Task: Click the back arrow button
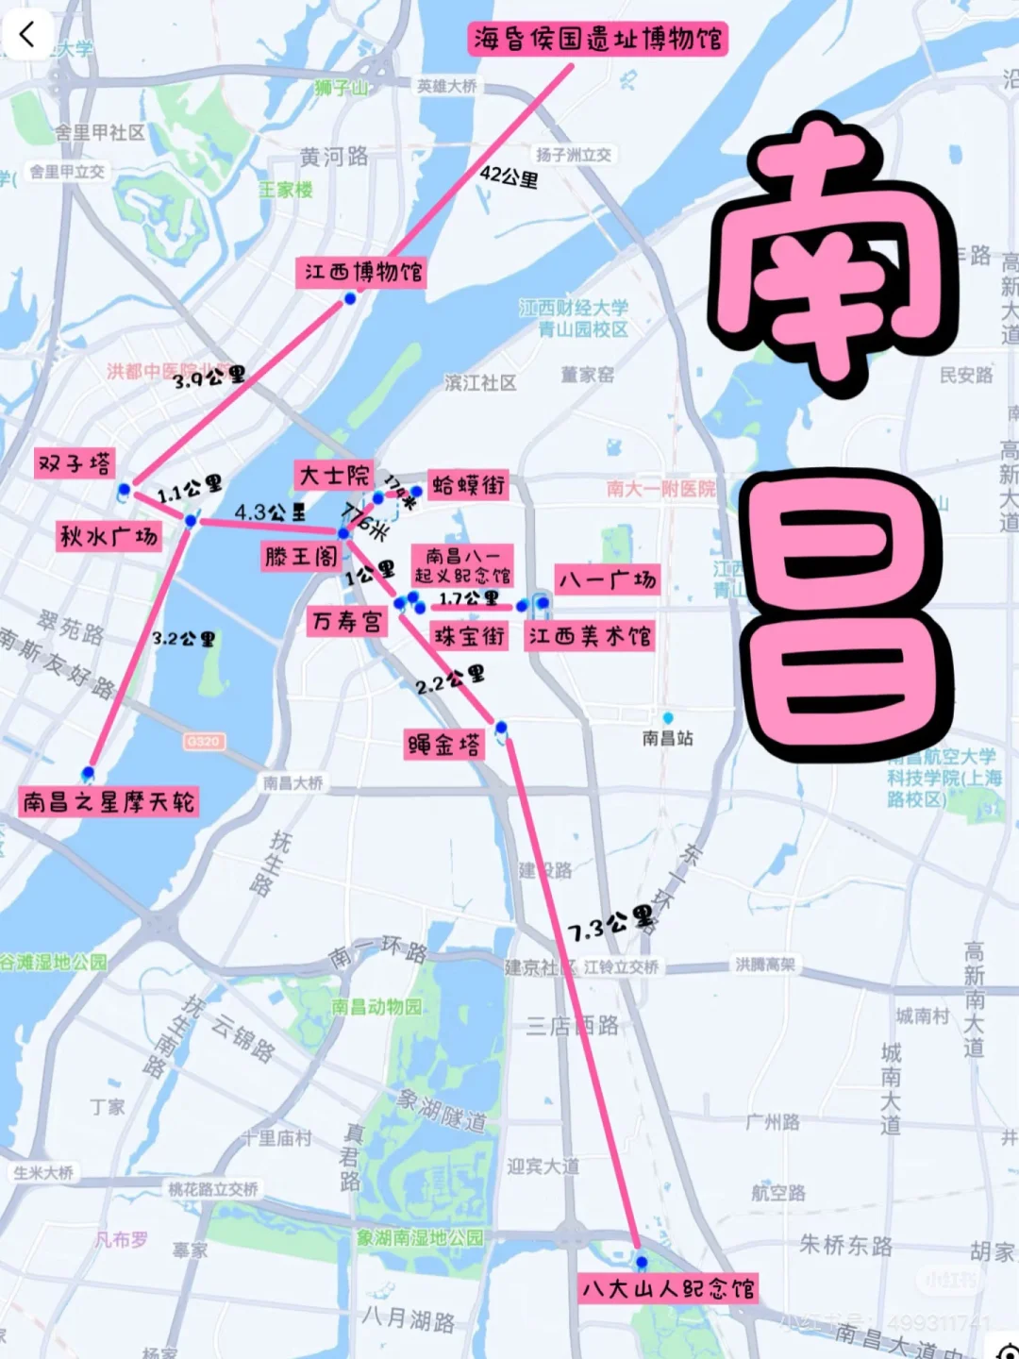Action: (x=26, y=35)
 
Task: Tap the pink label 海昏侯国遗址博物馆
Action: (x=598, y=40)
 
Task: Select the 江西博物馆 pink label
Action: (x=362, y=273)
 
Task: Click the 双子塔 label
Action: (x=74, y=464)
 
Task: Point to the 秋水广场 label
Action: (x=109, y=537)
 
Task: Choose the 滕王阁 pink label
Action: (x=301, y=557)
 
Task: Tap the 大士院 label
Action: (x=334, y=475)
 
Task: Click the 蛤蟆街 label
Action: (x=469, y=486)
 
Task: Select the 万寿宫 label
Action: (x=347, y=621)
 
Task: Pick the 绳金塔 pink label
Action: (x=444, y=745)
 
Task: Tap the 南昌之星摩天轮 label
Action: (x=109, y=803)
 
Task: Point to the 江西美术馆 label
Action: (x=590, y=636)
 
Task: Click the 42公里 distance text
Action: (x=509, y=176)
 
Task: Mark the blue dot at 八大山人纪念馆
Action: (x=642, y=1262)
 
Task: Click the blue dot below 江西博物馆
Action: (x=350, y=299)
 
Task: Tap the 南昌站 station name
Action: (x=668, y=738)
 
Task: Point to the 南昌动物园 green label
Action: (x=376, y=1007)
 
